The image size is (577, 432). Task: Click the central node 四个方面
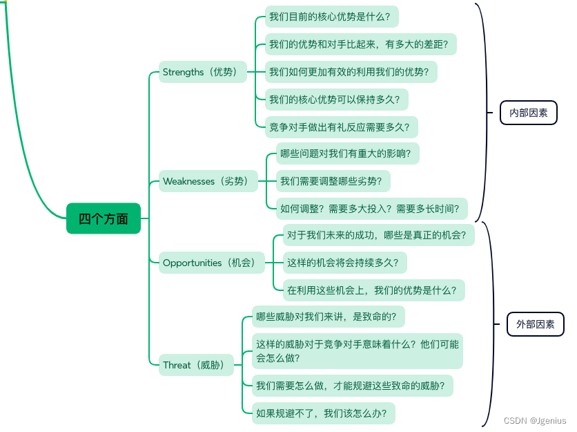click(x=104, y=218)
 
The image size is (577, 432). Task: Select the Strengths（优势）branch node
click(x=202, y=72)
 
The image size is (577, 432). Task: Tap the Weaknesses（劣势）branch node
click(x=207, y=182)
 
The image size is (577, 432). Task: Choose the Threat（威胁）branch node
click(x=197, y=365)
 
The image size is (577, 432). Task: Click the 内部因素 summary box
click(x=528, y=113)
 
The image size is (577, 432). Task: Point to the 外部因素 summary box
click(x=535, y=323)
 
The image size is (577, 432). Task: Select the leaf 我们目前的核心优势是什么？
click(x=333, y=16)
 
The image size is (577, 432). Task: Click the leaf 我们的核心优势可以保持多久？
click(x=336, y=100)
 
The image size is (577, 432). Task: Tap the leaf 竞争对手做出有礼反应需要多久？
click(x=341, y=126)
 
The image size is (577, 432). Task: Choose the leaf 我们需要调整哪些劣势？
click(x=333, y=182)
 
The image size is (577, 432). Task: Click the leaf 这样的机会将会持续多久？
click(x=345, y=263)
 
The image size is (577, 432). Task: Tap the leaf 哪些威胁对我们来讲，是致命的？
click(x=328, y=317)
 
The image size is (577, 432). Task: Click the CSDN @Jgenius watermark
click(x=535, y=420)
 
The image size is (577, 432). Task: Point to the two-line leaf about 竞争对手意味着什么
click(x=357, y=351)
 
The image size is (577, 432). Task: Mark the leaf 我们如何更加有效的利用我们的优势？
click(x=352, y=72)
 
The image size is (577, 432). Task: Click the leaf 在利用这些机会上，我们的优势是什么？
click(x=374, y=290)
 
